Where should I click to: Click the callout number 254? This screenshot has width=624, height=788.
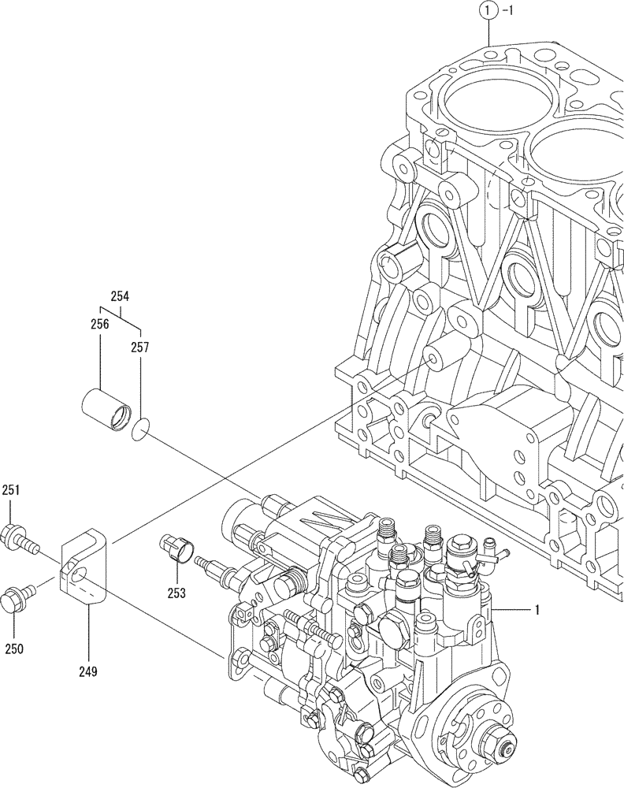pyautogui.click(x=120, y=297)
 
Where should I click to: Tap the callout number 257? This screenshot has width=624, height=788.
pyautogui.click(x=139, y=346)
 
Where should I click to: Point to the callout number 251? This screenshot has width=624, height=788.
pyautogui.click(x=11, y=490)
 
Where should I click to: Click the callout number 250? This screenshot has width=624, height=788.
pyautogui.click(x=13, y=649)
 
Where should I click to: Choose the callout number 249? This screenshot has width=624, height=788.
pyautogui.click(x=87, y=671)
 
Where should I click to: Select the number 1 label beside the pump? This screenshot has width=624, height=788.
pyautogui.click(x=537, y=609)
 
